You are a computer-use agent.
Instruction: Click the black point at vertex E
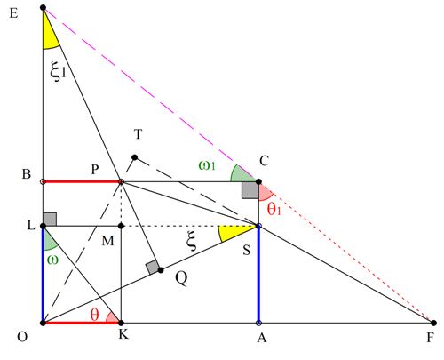point(43,7)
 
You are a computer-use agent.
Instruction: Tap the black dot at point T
point(134,157)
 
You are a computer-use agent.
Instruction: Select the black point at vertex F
point(433,323)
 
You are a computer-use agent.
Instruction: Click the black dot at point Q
point(161,270)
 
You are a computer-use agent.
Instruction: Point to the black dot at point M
point(121,226)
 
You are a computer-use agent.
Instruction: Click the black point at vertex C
point(258,181)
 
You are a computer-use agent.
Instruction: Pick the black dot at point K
point(121,323)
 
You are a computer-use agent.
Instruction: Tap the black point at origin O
point(43,323)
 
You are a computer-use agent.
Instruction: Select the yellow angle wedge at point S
point(234,233)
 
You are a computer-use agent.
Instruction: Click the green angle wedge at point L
point(49,242)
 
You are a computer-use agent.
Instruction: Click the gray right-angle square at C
point(250,190)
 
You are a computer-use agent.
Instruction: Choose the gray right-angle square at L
point(50,219)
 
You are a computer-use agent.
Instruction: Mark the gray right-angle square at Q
point(153,267)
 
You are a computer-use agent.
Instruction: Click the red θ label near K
point(94,315)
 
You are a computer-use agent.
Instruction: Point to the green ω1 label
point(207,165)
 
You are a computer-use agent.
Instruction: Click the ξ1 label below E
point(58,71)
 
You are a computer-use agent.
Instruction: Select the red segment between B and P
point(82,181)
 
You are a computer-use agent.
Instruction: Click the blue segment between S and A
point(258,275)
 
